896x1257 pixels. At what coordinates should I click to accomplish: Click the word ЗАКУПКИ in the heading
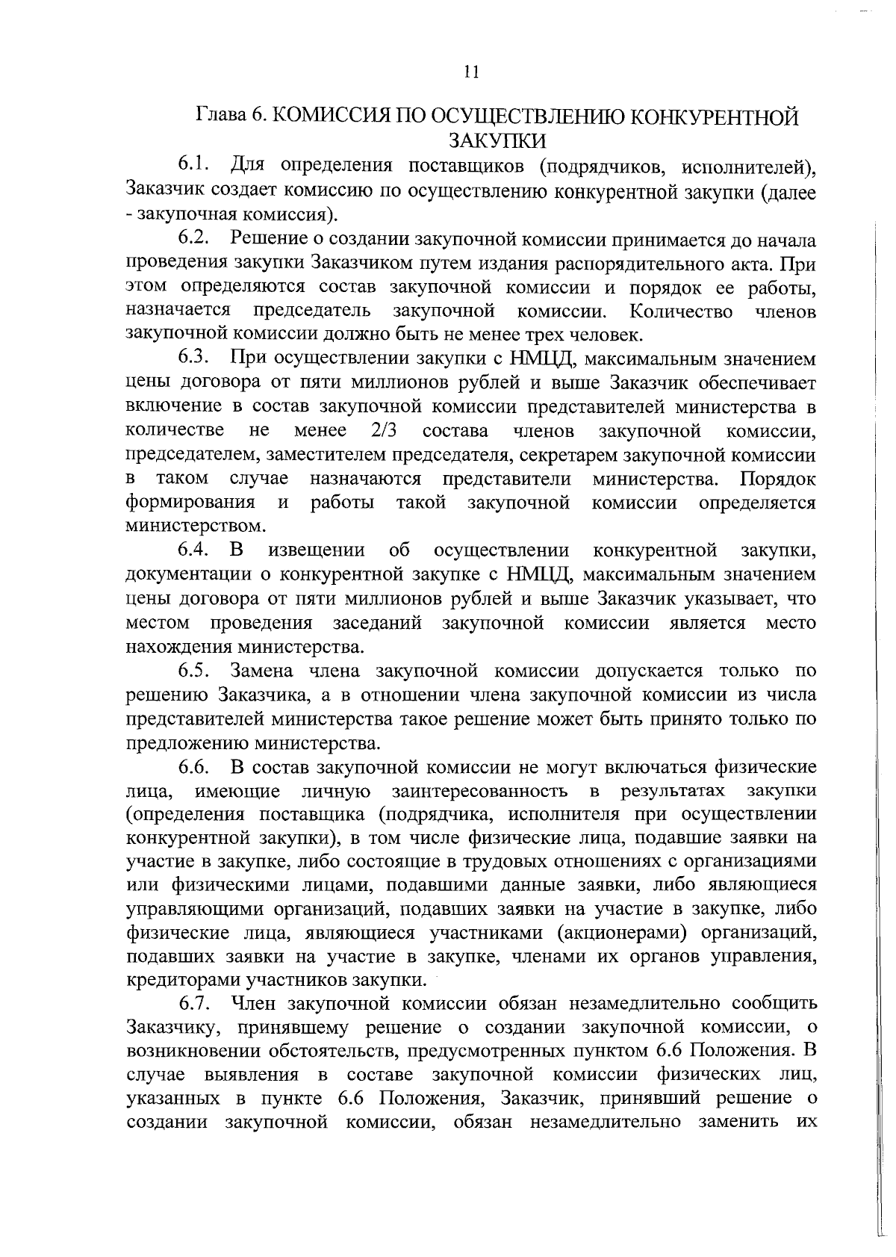tap(497, 140)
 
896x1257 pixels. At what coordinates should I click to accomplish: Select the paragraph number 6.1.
tap(196, 164)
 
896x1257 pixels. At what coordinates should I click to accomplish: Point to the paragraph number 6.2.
tap(196, 240)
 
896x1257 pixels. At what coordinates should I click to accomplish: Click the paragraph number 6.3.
tap(196, 359)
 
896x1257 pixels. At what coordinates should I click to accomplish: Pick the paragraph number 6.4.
tap(196, 551)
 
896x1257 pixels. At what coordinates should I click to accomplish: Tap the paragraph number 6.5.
tap(196, 670)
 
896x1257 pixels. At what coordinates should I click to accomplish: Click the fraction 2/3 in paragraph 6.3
tap(382, 431)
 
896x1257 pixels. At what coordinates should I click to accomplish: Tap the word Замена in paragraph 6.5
tap(264, 670)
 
